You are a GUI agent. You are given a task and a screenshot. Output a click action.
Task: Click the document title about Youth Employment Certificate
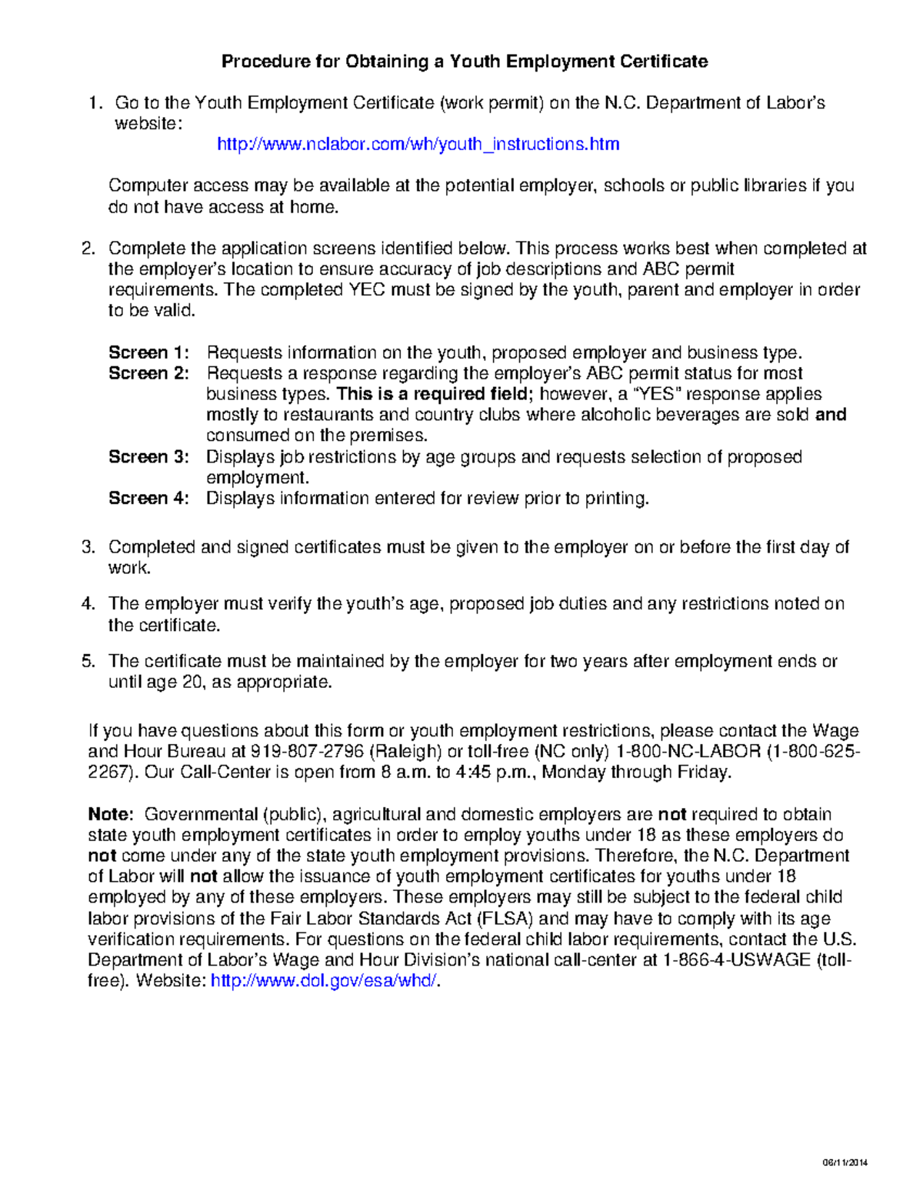(465, 62)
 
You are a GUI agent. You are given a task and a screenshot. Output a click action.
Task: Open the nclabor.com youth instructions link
(418, 144)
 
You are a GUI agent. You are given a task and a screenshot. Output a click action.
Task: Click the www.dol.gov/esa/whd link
(323, 981)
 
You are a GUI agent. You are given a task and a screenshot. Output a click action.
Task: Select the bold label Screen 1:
(148, 352)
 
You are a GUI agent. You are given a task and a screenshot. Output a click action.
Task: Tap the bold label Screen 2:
(148, 373)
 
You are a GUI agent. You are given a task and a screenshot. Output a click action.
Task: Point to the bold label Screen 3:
(148, 457)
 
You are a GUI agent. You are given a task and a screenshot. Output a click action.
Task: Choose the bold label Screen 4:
(148, 499)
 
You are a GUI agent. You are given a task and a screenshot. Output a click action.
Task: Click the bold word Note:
(112, 814)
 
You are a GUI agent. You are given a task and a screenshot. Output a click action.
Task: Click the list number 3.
(88, 547)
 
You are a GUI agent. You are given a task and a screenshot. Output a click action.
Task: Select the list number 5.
(88, 661)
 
